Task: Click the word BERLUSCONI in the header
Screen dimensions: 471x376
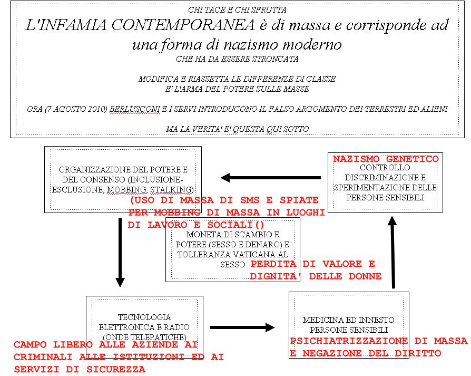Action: [x=134, y=109]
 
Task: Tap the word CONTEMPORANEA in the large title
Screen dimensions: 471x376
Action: [x=183, y=25]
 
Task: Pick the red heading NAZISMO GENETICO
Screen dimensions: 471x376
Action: [x=386, y=159]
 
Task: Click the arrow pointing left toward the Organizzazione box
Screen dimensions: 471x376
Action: [x=270, y=178]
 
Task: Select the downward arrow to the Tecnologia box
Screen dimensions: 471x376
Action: [x=120, y=253]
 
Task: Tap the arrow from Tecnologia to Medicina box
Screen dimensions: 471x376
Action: [x=242, y=327]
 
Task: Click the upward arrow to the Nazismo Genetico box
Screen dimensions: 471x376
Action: [x=392, y=253]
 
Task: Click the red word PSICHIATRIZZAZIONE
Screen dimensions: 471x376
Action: [x=349, y=341]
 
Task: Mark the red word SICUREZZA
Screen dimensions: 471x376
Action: [x=116, y=369]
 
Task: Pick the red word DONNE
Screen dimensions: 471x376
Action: [x=365, y=276]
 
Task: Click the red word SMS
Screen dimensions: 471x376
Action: [x=250, y=200]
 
